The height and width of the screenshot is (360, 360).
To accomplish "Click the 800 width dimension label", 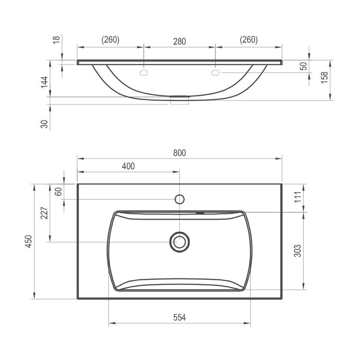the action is [x=179, y=153].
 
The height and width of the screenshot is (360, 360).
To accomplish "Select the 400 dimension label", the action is [x=128, y=166].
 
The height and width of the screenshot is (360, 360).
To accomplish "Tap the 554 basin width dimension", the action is [x=179, y=317].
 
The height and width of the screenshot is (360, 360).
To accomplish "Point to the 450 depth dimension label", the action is [x=29, y=241].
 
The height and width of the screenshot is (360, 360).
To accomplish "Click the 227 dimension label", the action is [x=44, y=213].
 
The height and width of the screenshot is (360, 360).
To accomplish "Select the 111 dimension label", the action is [x=298, y=197].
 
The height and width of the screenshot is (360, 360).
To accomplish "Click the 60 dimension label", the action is [x=58, y=191].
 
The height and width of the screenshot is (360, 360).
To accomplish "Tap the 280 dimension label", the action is [x=179, y=42].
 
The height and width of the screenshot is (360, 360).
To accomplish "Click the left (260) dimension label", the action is [x=111, y=40].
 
